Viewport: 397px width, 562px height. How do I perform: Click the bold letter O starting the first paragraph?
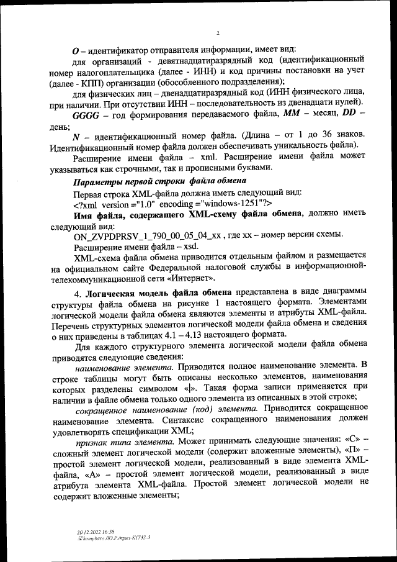tap(76, 49)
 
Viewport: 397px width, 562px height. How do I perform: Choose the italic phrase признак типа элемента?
tap(114, 443)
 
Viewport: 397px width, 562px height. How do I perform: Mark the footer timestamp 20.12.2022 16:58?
tap(86, 531)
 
